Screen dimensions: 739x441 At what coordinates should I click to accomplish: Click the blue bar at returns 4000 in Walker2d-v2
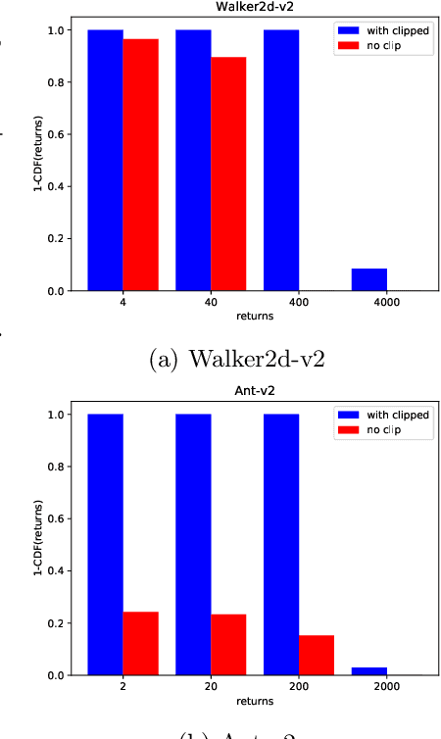pos(369,279)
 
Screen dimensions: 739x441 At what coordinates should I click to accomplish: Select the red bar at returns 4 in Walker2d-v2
pos(140,165)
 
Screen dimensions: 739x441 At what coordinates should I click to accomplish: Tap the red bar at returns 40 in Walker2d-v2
pos(228,173)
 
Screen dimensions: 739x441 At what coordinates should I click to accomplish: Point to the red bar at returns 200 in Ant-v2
pos(317,655)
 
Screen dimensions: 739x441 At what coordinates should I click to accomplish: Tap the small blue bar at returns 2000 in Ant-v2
pos(369,670)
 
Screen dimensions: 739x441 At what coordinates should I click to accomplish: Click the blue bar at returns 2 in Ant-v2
pos(105,544)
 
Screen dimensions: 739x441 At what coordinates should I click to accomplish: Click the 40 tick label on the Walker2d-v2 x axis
pos(211,304)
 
